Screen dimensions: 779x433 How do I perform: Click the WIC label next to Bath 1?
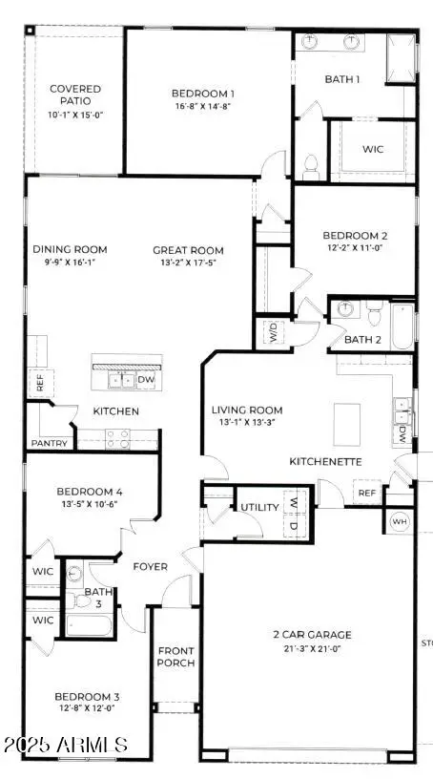[x=374, y=150]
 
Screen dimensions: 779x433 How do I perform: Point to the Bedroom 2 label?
[x=354, y=235]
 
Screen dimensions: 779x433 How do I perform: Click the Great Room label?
[x=188, y=251]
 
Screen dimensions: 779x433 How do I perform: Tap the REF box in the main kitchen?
[x=39, y=381]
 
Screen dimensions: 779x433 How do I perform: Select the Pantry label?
[x=47, y=443]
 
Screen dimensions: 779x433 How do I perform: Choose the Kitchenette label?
[x=322, y=461]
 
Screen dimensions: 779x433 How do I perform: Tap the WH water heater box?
[x=399, y=522]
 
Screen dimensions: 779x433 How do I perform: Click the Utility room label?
[x=258, y=508]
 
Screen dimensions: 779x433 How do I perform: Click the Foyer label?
[x=150, y=566]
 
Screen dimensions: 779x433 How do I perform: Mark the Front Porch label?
[x=175, y=657]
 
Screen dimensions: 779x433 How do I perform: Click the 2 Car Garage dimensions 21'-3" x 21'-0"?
[x=309, y=648]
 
